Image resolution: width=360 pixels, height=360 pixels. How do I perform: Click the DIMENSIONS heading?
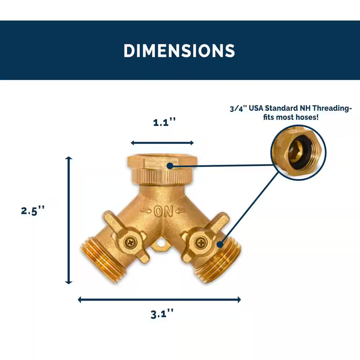tap(179, 51)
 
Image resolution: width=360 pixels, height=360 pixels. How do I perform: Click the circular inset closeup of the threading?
tap(298, 153)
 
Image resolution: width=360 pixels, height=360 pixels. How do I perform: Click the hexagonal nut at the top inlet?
tap(160, 163)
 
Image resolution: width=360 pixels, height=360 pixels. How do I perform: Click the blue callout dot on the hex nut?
tap(170, 166)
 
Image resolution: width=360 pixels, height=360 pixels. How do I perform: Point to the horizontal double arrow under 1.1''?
tap(162, 143)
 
